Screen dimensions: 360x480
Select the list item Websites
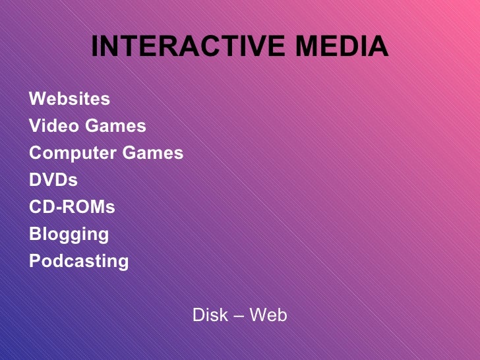tap(70, 100)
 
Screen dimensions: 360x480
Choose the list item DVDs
tap(53, 180)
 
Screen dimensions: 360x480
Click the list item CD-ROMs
tap(72, 207)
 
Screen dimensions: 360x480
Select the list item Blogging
tap(69, 235)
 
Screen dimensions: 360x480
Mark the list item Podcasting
tap(79, 262)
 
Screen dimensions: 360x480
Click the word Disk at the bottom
tap(208, 315)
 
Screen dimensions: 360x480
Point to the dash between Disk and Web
tap(238, 316)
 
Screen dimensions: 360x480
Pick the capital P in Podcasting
tap(35, 261)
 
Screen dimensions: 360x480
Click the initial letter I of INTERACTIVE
tap(94, 47)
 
